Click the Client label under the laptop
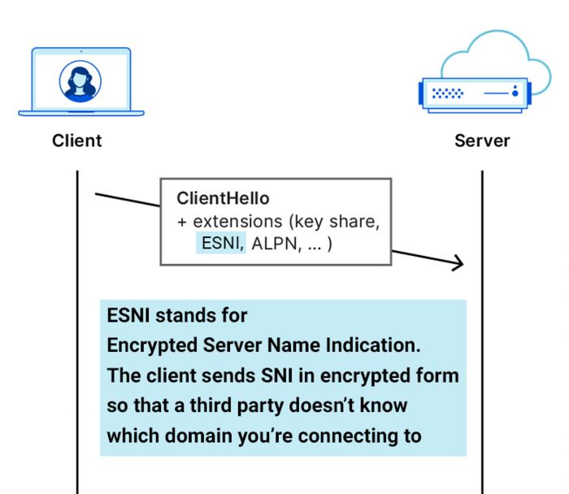point(77,141)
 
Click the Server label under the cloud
point(482,141)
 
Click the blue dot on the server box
point(515,93)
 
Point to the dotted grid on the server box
point(447,93)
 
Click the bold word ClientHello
point(223,199)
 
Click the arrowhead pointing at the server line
point(457,262)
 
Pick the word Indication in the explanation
point(380,345)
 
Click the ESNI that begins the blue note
point(128,315)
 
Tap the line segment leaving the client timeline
point(126,200)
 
